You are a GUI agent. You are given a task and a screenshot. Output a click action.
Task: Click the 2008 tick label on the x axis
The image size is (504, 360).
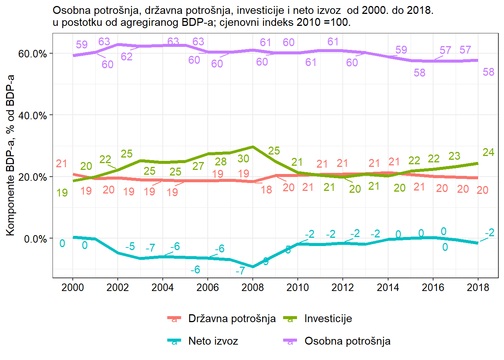(x=252, y=288)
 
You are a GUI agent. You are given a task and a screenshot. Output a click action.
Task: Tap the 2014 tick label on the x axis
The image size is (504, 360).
(x=388, y=288)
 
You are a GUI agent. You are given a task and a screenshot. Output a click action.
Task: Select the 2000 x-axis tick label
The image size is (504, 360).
(x=72, y=288)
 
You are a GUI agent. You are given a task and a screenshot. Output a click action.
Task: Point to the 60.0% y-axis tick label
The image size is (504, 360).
(x=33, y=54)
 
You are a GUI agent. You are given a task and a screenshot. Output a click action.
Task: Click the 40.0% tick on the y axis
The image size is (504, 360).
(x=33, y=115)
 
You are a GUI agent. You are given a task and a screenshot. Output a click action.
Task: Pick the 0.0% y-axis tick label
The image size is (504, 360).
(x=36, y=239)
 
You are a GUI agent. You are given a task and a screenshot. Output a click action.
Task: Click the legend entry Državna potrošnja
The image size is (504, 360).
(x=232, y=319)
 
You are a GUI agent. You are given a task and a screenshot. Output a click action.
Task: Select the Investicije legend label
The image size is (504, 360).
(x=328, y=319)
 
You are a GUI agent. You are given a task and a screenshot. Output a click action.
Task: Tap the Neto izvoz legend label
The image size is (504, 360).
(x=213, y=341)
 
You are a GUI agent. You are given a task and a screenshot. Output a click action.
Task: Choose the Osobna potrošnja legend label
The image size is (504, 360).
(x=347, y=341)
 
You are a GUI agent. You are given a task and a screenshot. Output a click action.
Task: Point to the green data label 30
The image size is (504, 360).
(x=243, y=159)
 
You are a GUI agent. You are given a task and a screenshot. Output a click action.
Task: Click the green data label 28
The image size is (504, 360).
(x=220, y=162)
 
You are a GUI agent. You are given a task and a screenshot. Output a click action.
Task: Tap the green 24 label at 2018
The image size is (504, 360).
(x=488, y=152)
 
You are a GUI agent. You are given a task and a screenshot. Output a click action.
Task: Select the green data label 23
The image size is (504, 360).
(x=454, y=156)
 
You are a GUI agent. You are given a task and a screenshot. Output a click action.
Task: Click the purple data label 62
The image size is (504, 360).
(x=127, y=57)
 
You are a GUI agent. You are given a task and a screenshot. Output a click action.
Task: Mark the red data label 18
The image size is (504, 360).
(x=266, y=190)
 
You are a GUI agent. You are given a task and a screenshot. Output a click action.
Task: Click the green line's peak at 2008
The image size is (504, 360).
(x=253, y=147)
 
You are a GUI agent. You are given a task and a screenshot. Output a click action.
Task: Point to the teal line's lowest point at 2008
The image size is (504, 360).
(x=253, y=267)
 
